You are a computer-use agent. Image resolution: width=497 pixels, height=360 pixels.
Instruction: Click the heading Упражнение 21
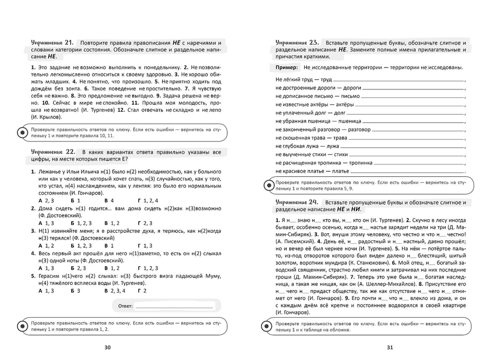click(52, 42)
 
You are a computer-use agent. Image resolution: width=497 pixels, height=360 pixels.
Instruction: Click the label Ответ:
click(126, 306)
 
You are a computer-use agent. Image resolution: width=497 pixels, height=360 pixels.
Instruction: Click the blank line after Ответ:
click(173, 307)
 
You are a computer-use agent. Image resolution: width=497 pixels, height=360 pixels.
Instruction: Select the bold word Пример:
click(287, 68)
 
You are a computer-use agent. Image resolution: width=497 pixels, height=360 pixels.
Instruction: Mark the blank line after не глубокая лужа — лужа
click(403, 146)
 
